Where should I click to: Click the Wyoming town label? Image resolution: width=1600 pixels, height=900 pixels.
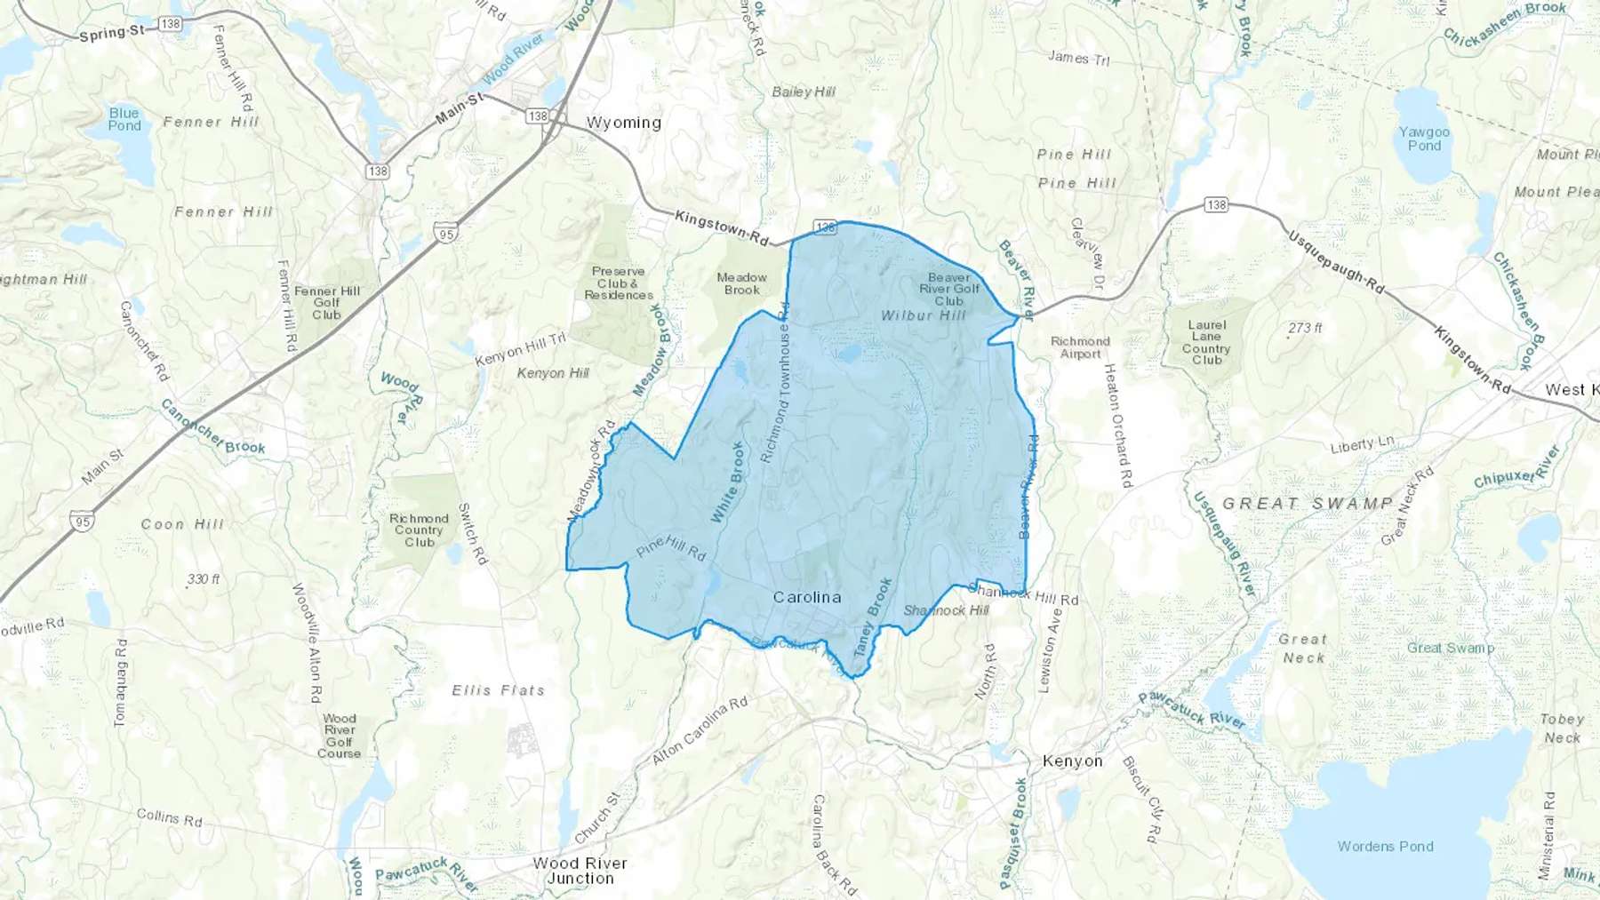623,123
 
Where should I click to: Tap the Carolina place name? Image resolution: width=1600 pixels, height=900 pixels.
806,597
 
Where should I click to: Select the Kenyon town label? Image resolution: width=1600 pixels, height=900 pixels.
1072,761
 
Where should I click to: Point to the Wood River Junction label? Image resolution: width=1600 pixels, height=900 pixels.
580,871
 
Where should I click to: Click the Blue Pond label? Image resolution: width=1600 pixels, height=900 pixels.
124,119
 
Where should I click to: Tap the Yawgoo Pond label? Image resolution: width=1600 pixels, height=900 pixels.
1424,139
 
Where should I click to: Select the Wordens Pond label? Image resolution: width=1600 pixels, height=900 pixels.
1385,847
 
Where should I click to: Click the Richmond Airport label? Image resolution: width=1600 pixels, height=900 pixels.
1080,347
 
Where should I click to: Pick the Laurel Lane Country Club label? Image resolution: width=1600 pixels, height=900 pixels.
1206,342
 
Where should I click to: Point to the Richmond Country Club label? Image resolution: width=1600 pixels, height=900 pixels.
419,530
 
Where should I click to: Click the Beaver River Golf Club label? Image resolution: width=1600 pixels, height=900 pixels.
948,289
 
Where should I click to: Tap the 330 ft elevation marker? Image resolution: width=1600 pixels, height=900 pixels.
203,579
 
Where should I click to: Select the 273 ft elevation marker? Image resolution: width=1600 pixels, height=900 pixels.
1304,328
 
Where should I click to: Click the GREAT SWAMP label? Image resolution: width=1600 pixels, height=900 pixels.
1308,504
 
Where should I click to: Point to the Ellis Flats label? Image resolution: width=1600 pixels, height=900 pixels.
498,690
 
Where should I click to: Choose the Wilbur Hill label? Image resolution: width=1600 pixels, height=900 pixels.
923,315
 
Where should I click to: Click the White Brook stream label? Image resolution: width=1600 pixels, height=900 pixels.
726,482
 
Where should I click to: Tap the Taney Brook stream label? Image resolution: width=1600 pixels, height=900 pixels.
872,617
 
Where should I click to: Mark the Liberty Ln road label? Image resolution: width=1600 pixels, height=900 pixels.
1362,444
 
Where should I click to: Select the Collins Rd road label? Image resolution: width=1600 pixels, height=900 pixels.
169,817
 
